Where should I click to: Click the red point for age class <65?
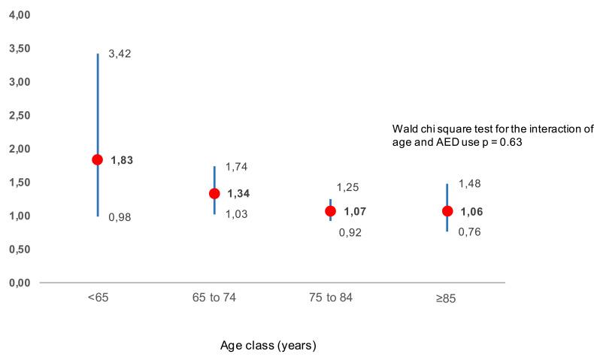[x=97, y=159]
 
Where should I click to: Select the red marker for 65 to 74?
[x=214, y=193]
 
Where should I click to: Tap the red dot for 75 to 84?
[x=330, y=211]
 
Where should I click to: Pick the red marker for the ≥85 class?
[x=447, y=211]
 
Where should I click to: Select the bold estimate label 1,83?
[x=122, y=160]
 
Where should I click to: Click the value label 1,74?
[x=237, y=167]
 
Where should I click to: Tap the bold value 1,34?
[x=238, y=194]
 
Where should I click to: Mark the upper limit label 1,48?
[x=470, y=183]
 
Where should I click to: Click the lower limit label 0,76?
[x=470, y=231]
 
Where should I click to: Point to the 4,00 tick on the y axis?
[x=18, y=15]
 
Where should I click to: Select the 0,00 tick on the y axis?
[x=18, y=283]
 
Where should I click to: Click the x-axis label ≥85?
[x=446, y=298]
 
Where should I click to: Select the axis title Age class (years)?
[x=268, y=346]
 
